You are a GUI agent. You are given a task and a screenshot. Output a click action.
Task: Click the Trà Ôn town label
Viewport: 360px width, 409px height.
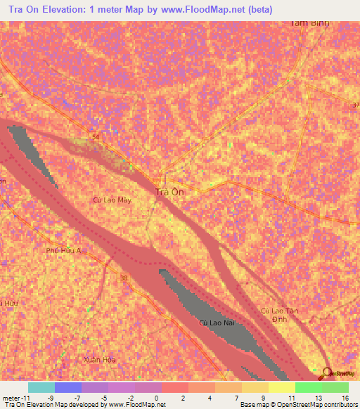[169, 191]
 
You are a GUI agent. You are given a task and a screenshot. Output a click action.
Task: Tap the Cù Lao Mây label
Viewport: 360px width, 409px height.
[112, 200]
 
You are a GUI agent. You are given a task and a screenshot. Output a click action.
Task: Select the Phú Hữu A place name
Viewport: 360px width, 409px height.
[64, 250]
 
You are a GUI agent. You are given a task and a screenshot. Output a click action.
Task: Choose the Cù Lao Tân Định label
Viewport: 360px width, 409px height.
[276, 314]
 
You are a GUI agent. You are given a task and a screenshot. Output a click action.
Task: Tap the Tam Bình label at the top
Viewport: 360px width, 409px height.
[309, 22]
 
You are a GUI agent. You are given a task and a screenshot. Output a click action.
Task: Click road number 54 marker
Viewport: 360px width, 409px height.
[94, 136]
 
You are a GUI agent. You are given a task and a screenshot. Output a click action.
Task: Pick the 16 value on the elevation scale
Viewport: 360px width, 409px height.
[345, 398]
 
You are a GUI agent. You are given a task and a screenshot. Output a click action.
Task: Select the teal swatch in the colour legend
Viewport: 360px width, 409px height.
[41, 387]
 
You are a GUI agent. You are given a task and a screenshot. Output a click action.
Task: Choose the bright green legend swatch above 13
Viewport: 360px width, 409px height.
[309, 387]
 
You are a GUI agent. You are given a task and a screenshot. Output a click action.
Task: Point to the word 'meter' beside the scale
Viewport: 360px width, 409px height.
[11, 398]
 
